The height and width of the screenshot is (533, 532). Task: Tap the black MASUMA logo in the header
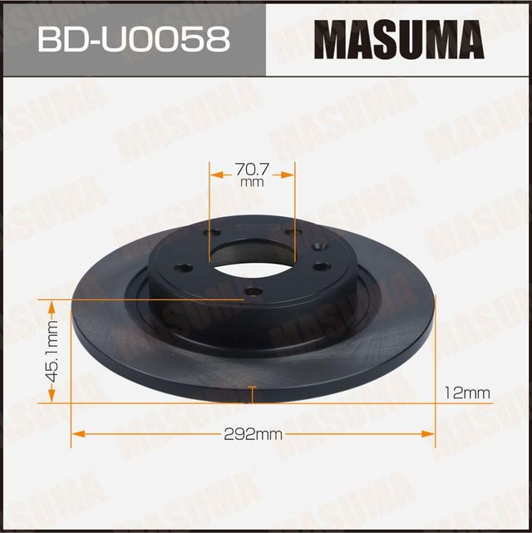(398, 38)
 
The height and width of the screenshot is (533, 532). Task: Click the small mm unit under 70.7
(252, 182)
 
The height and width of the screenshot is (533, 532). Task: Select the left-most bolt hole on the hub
(184, 268)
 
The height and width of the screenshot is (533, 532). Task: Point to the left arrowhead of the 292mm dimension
(77, 432)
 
